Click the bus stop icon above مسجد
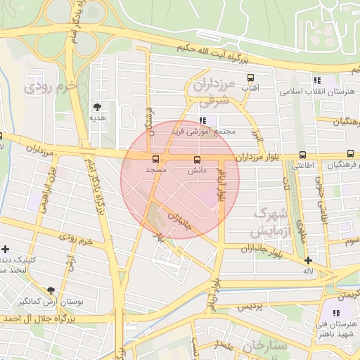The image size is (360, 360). coord(155,159)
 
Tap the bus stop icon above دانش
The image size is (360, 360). coord(196,159)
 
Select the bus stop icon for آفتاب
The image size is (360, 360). coord(250,77)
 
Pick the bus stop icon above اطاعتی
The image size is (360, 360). coord(302,155)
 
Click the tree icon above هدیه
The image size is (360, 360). coord(97,107)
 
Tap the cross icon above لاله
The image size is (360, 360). coord(308,260)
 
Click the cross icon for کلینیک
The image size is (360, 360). coord(6,249)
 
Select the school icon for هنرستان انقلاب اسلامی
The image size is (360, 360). coord(317,80)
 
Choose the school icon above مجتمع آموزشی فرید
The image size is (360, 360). coord(204,120)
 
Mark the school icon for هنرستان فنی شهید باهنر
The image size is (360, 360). coord(337,312)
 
